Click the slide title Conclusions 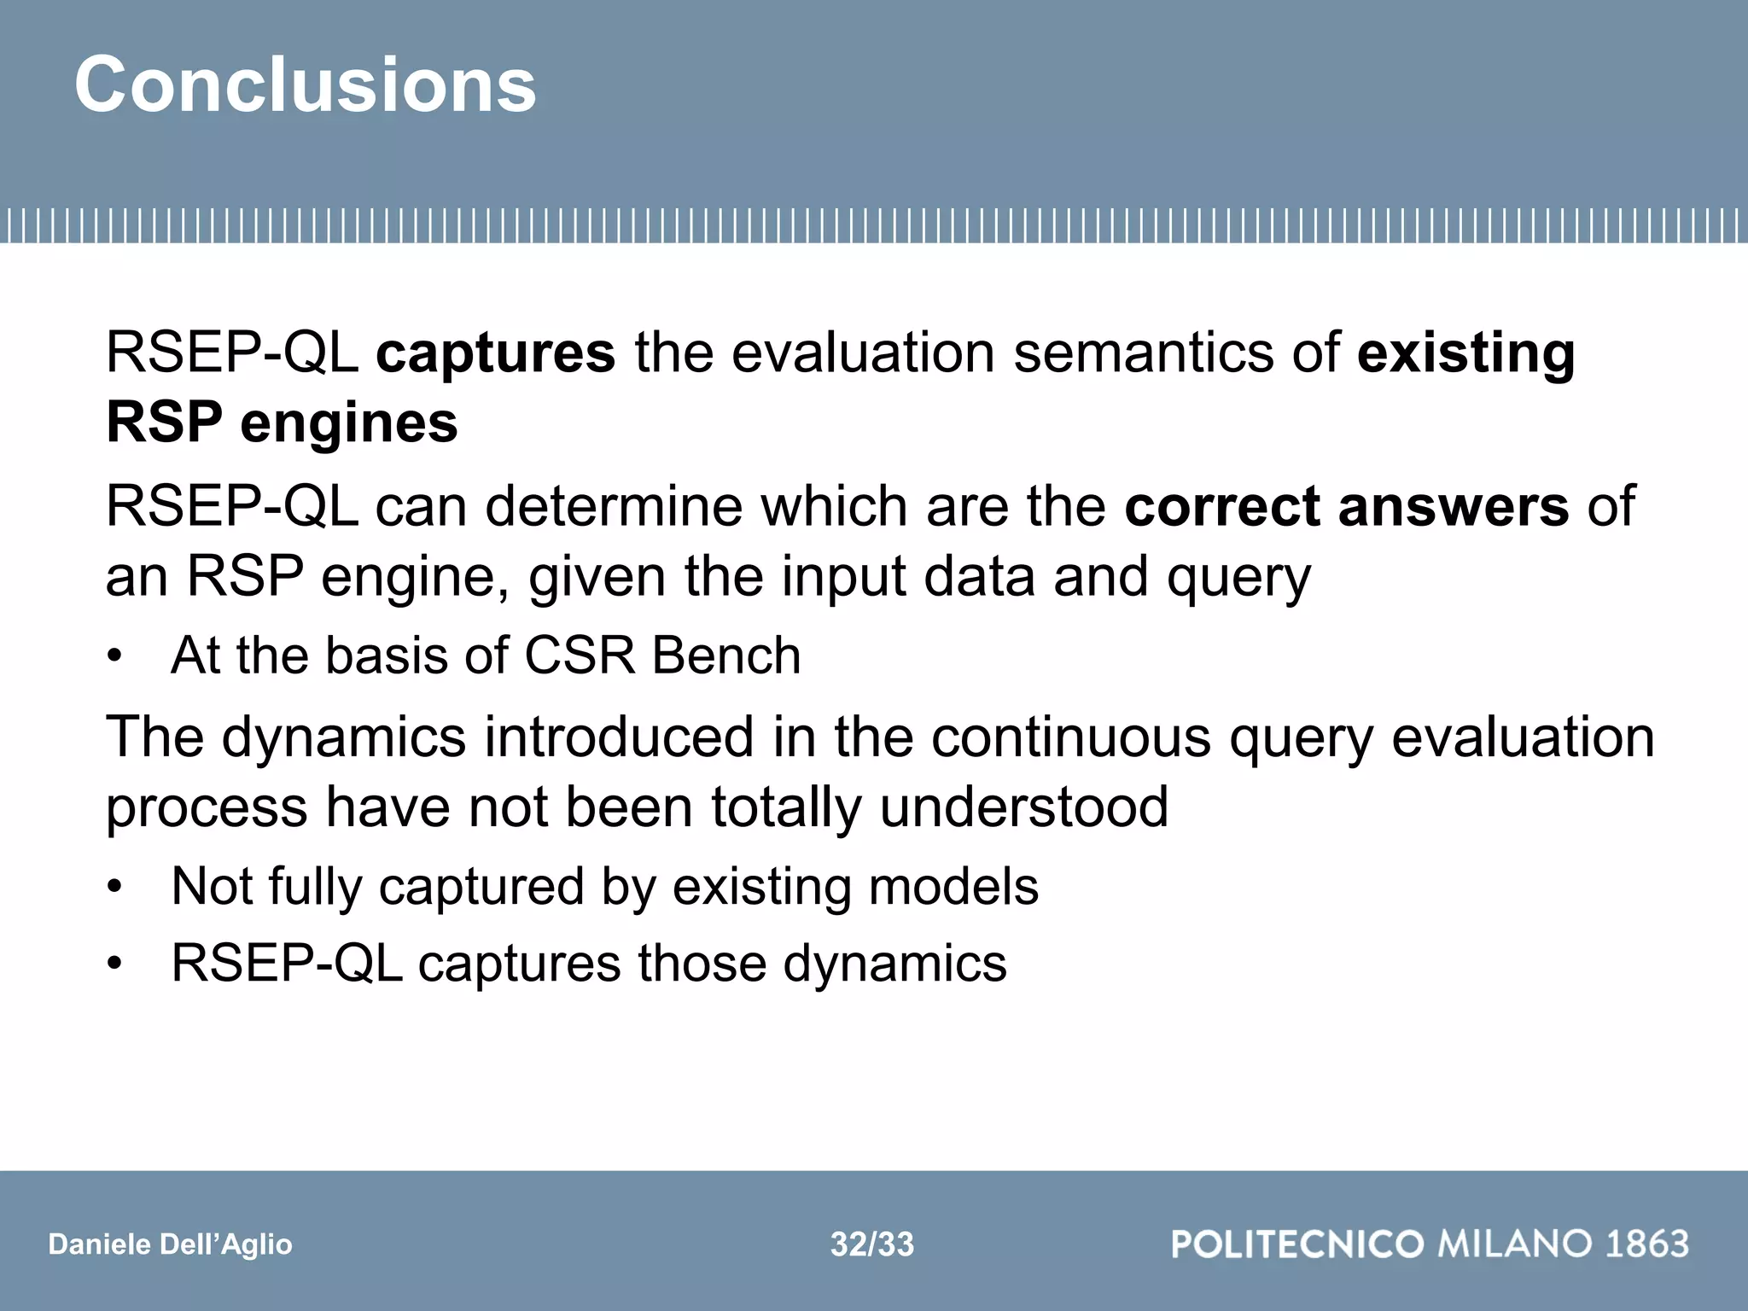[x=305, y=84]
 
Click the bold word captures [x=495, y=353]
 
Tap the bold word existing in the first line [x=1465, y=353]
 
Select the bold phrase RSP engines [x=282, y=422]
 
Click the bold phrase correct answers [x=1346, y=506]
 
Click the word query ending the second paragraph [x=1238, y=578]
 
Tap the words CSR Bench [x=661, y=655]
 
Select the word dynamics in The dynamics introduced [x=343, y=737]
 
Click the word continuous [x=1070, y=737]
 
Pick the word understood [x=1023, y=807]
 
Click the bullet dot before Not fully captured [x=115, y=888]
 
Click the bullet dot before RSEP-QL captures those [x=115, y=964]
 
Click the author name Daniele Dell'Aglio [x=170, y=1244]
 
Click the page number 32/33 [x=871, y=1244]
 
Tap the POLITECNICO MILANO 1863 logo [x=1430, y=1244]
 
